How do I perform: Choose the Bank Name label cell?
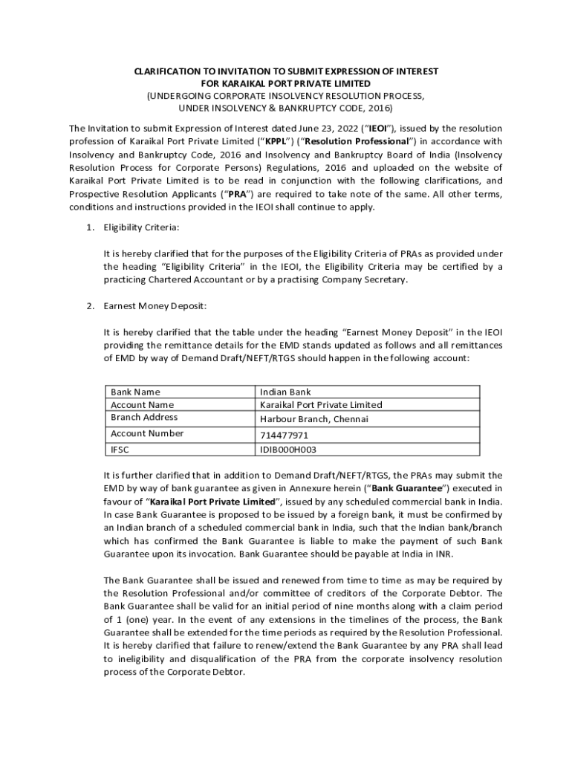(x=135, y=392)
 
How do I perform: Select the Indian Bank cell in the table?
(x=285, y=392)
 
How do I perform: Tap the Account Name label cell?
(x=142, y=404)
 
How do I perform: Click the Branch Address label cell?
(x=144, y=417)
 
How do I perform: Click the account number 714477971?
(x=284, y=435)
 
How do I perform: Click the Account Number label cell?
(x=146, y=433)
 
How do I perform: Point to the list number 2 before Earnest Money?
(x=89, y=305)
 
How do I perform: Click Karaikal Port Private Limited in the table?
(x=321, y=404)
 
